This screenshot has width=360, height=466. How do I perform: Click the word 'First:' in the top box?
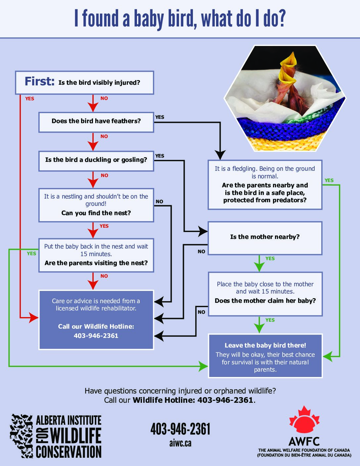[x=39, y=81]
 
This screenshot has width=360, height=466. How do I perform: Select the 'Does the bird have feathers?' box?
[x=96, y=121]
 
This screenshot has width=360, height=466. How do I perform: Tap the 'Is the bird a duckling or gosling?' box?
[x=96, y=160]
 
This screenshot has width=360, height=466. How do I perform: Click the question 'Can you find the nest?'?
[x=96, y=213]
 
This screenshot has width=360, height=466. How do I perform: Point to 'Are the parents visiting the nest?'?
[x=96, y=263]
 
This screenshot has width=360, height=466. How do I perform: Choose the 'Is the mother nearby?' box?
[x=265, y=237]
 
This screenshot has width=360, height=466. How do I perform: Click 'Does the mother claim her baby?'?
[x=265, y=301]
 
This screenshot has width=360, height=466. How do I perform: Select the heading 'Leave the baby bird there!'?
[x=265, y=346]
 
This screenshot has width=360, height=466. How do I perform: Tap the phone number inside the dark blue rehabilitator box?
[x=96, y=336]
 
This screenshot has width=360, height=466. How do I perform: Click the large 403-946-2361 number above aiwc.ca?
[x=180, y=429]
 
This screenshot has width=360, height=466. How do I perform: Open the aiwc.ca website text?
[x=180, y=443]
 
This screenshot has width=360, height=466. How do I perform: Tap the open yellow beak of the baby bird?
[x=288, y=63]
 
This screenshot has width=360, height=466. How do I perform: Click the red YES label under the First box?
[x=30, y=99]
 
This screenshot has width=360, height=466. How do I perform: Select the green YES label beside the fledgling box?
[x=329, y=180]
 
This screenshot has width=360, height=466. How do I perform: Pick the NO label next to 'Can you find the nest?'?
[x=159, y=202]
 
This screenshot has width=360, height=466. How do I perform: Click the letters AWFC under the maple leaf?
[x=304, y=442]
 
